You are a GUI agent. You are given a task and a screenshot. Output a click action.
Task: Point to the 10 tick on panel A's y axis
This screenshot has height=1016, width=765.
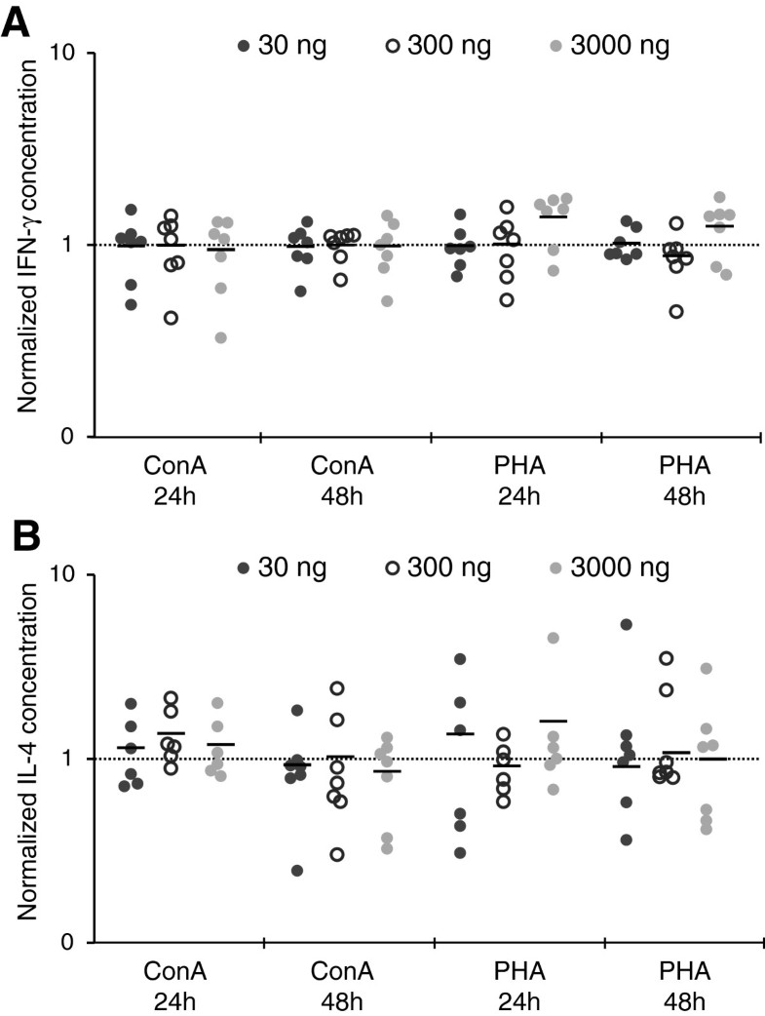point(70,54)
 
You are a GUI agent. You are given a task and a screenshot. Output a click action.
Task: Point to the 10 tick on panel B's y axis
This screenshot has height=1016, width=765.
point(70,575)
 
